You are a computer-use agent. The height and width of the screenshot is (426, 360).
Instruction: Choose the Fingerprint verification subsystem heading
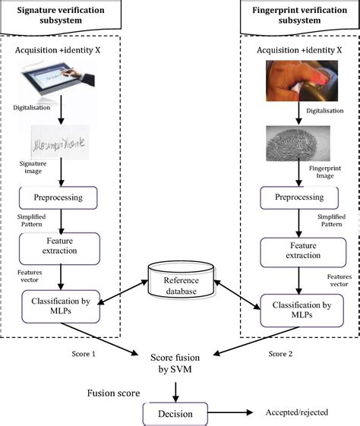tap(298, 14)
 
